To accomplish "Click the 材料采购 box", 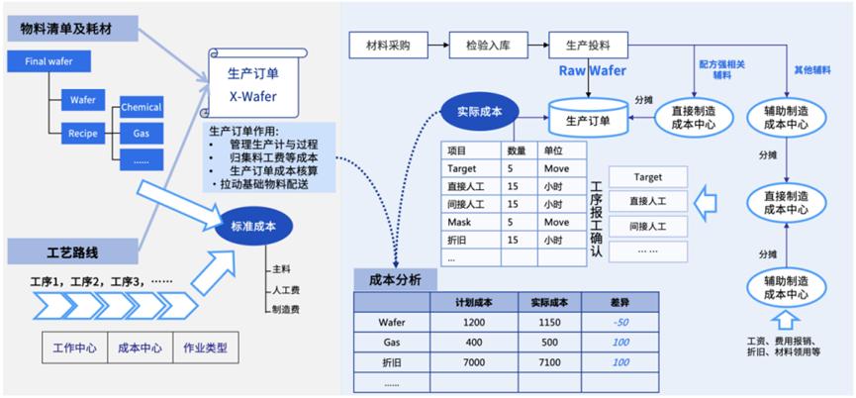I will coord(389,46).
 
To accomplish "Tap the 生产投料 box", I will coord(588,46).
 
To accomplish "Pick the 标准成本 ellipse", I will coord(253,226).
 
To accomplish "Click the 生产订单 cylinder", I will coord(588,120).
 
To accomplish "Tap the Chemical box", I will coord(141,106).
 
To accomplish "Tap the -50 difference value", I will coord(618,322).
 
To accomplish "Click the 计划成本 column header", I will coord(473,301).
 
